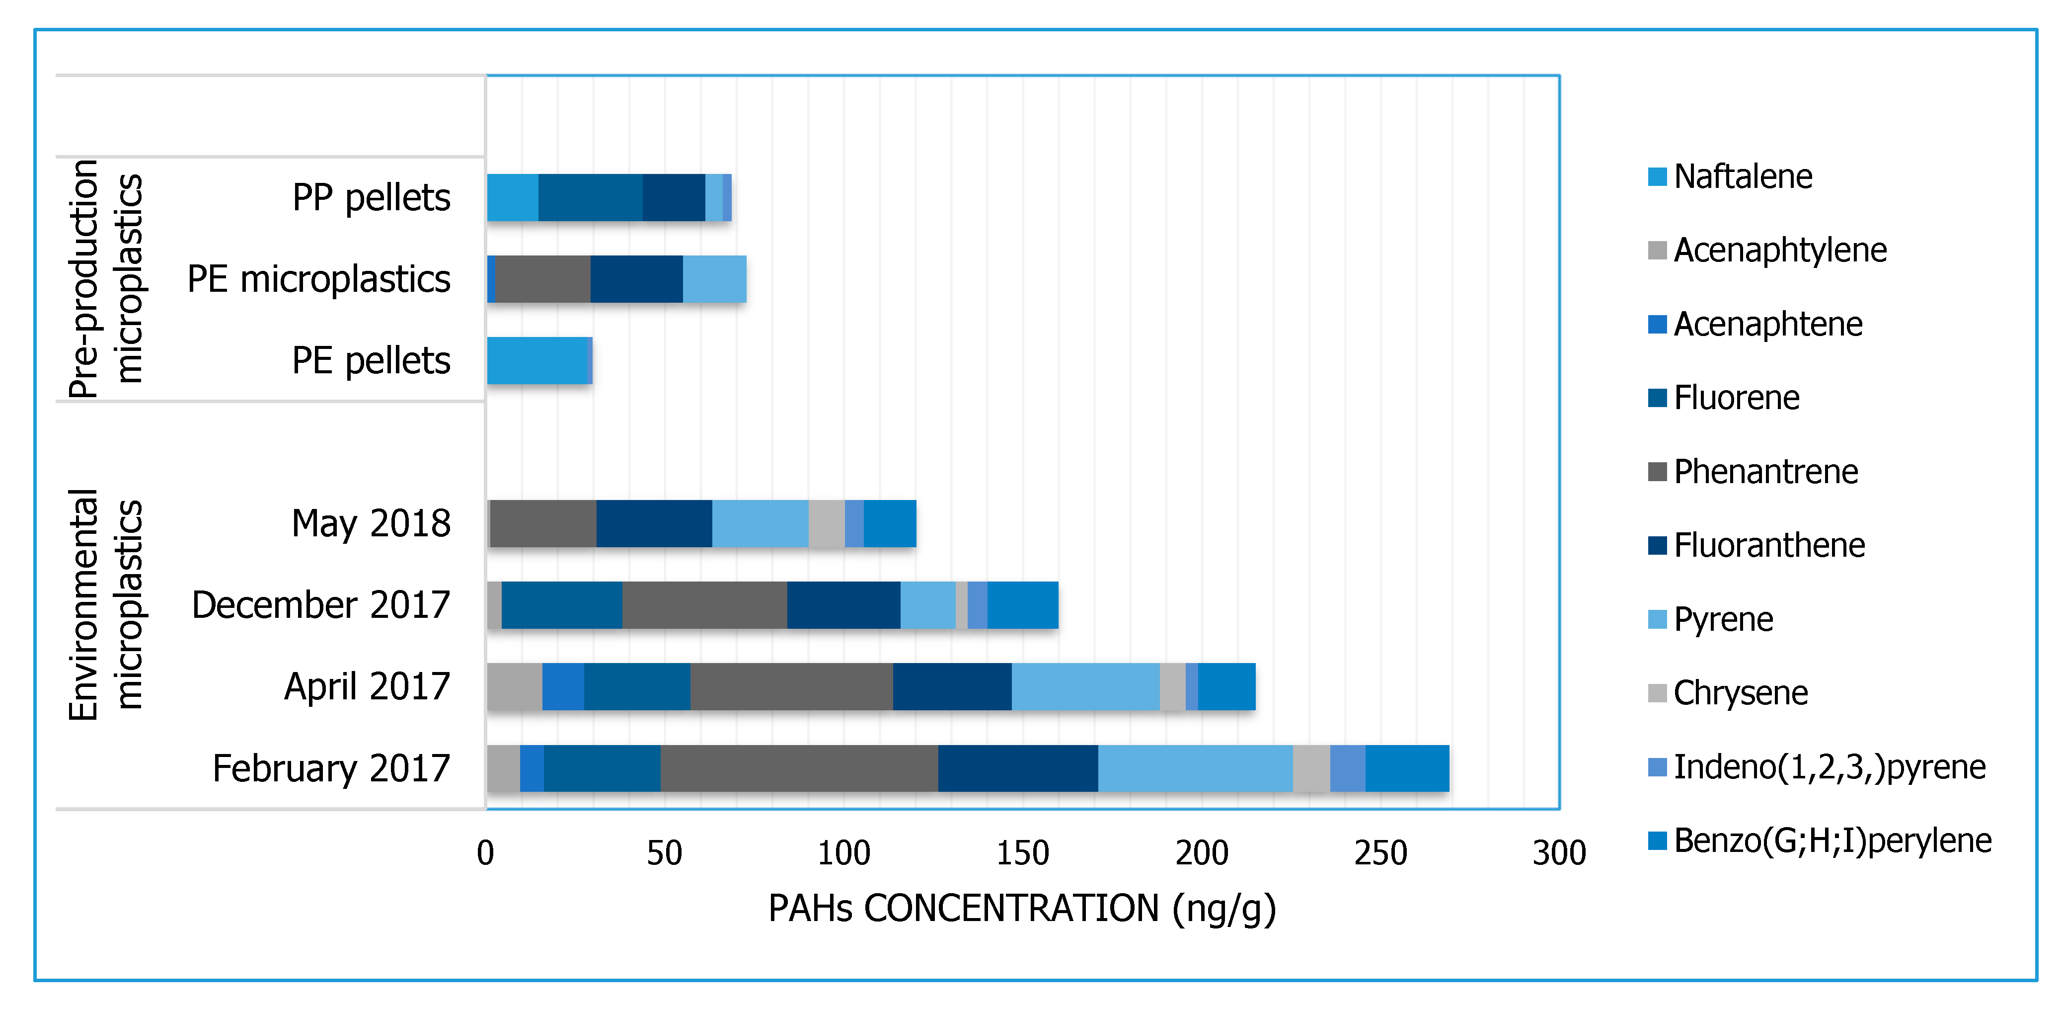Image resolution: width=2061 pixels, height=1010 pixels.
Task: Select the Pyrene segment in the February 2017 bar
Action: pyautogui.click(x=1195, y=768)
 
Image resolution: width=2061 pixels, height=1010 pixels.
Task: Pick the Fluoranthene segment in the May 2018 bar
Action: pyautogui.click(x=654, y=523)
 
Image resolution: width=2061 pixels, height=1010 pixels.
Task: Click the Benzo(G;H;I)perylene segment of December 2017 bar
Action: pyautogui.click(x=1022, y=605)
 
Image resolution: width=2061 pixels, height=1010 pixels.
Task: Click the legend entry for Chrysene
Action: pyautogui.click(x=1740, y=693)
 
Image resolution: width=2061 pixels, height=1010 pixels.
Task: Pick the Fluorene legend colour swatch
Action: pyautogui.click(x=1657, y=398)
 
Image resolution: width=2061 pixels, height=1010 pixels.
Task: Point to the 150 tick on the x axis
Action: pyautogui.click(x=1022, y=853)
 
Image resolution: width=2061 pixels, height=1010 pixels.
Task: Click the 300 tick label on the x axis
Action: pyautogui.click(x=1559, y=853)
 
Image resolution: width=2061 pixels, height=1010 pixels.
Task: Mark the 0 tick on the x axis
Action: pyautogui.click(x=486, y=853)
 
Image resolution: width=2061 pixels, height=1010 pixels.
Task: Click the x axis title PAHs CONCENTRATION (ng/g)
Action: pyautogui.click(x=1022, y=909)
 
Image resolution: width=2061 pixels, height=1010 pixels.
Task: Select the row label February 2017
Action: pyautogui.click(x=331, y=768)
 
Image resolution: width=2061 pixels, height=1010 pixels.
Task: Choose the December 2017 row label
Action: pyautogui.click(x=321, y=605)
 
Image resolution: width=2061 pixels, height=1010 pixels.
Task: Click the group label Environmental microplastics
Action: pyautogui.click(x=106, y=605)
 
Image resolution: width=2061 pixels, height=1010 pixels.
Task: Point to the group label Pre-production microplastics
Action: pyautogui.click(x=106, y=278)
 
